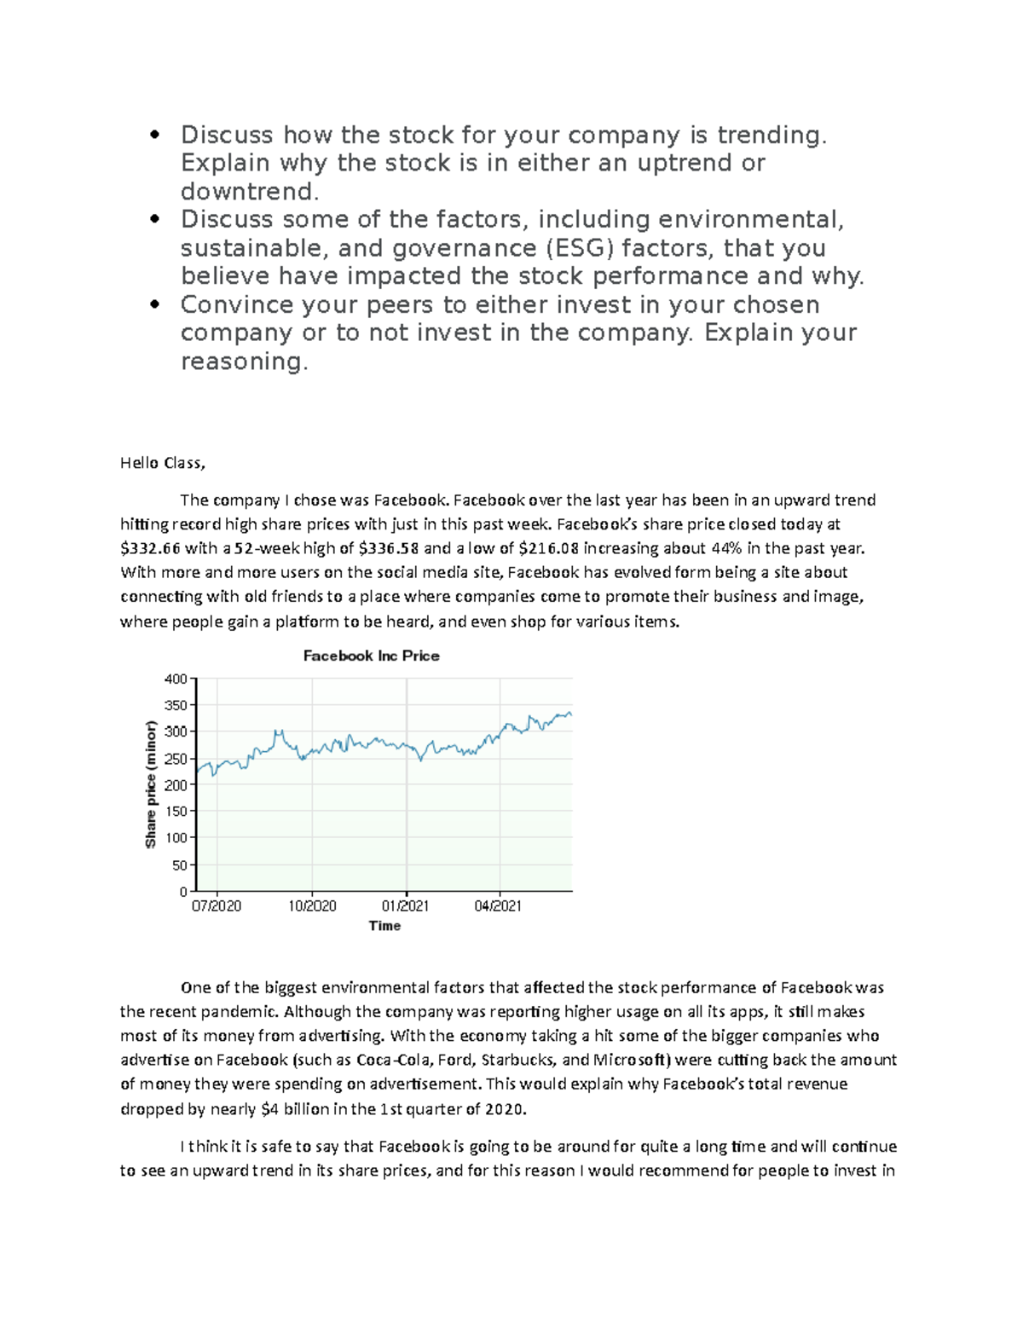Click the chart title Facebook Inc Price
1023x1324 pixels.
(x=371, y=656)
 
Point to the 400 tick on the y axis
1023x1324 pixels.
(x=176, y=679)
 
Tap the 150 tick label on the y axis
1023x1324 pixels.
(x=176, y=812)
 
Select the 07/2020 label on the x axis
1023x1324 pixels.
(x=217, y=906)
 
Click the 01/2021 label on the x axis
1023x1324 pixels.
(x=405, y=906)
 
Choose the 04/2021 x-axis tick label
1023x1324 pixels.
(x=498, y=906)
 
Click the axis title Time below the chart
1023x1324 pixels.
(x=384, y=926)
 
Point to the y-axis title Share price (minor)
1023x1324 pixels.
(x=151, y=784)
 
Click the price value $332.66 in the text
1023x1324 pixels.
(x=150, y=549)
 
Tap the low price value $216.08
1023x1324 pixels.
(x=549, y=549)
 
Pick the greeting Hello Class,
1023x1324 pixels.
(x=163, y=464)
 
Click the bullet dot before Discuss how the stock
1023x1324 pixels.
(x=154, y=135)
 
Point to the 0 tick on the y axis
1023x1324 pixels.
(x=182, y=892)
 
